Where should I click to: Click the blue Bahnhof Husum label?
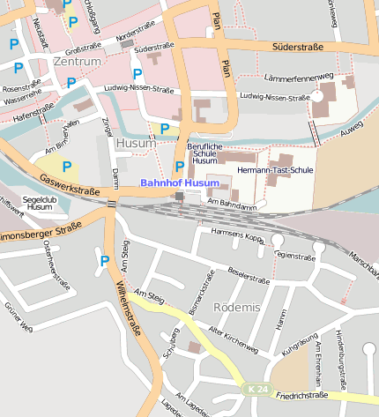179,182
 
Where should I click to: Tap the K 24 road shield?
256,389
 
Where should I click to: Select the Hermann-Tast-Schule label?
276,169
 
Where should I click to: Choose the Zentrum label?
77,63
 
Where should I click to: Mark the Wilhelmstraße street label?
129,309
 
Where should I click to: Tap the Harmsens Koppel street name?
238,236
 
